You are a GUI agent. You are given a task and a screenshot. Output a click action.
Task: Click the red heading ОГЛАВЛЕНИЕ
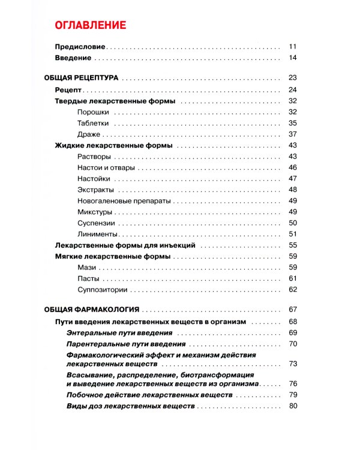click(x=90, y=25)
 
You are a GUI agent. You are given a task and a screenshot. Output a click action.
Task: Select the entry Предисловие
click(x=80, y=46)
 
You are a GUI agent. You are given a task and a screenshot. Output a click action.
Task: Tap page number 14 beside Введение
click(x=293, y=58)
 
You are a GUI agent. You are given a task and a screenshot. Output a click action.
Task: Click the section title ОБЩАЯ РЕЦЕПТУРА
click(x=81, y=77)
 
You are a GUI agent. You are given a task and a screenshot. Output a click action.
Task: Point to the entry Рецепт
click(x=68, y=89)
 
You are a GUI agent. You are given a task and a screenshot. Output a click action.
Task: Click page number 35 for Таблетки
click(x=293, y=123)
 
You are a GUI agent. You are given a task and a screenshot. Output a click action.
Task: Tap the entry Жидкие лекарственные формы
click(x=114, y=145)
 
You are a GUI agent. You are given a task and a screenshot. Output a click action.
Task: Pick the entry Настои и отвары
click(x=106, y=167)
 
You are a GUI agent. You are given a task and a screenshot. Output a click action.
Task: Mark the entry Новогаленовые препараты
click(x=124, y=200)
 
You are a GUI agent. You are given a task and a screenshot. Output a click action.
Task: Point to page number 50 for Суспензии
click(x=293, y=223)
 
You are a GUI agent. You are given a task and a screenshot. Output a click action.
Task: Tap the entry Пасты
click(x=88, y=278)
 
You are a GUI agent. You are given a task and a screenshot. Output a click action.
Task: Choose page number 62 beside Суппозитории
click(x=293, y=290)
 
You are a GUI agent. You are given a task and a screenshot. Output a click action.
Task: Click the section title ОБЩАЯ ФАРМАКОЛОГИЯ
click(x=92, y=310)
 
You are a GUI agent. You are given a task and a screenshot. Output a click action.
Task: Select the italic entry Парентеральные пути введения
click(x=126, y=344)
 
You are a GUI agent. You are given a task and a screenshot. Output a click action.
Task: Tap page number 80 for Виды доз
click(x=293, y=406)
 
